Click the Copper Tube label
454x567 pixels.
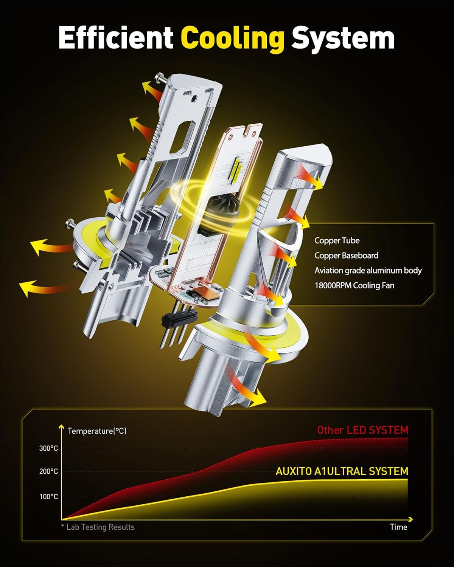pyautogui.click(x=337, y=240)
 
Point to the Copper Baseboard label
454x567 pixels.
pyautogui.click(x=347, y=255)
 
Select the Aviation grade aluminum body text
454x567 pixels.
pyautogui.click(x=368, y=271)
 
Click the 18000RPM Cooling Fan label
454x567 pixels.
pyautogui.click(x=354, y=285)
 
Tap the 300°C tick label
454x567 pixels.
pyautogui.click(x=48, y=448)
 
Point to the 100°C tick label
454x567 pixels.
pyautogui.click(x=48, y=497)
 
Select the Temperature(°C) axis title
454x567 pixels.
pyautogui.click(x=97, y=431)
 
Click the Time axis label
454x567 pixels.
pyautogui.click(x=398, y=527)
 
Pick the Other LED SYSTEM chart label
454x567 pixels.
pyautogui.click(x=362, y=430)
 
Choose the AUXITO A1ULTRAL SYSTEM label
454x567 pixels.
pyautogui.click(x=342, y=471)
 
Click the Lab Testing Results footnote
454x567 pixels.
pyautogui.click(x=98, y=527)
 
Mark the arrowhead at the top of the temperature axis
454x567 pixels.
pyautogui.click(x=61, y=426)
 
